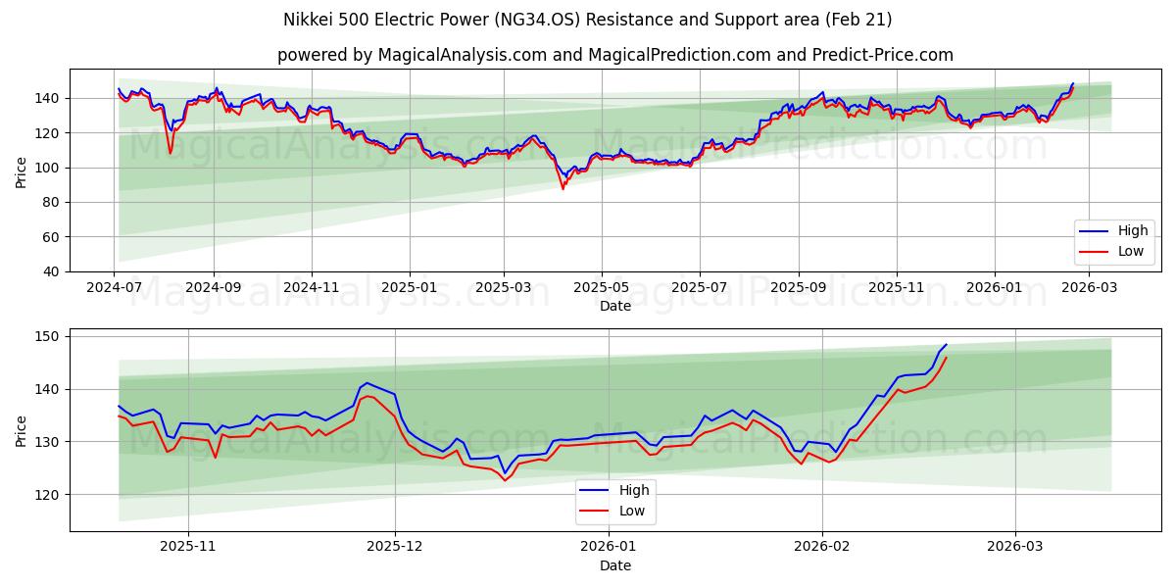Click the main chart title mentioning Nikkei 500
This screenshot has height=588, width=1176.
pyautogui.click(x=588, y=20)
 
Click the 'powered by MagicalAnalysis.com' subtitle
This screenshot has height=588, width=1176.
pyautogui.click(x=614, y=55)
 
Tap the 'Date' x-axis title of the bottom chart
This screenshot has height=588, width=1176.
pyautogui.click(x=614, y=565)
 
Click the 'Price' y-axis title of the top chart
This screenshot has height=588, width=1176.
pyautogui.click(x=22, y=171)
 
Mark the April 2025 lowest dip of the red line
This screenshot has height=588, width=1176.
pyautogui.click(x=563, y=188)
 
